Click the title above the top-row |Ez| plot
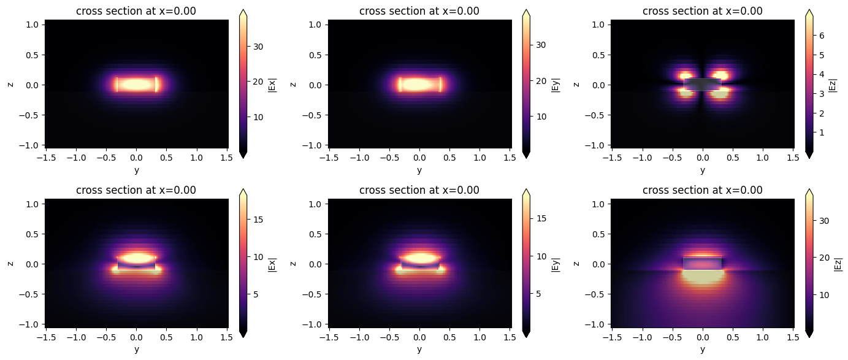pyautogui.click(x=703, y=11)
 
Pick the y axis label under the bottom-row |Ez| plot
pyautogui.click(x=703, y=350)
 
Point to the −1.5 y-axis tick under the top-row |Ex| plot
pyautogui.click(x=45, y=158)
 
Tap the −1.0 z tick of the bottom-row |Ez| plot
pyautogui.click(x=602, y=323)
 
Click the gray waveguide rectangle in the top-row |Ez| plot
pyautogui.click(x=702, y=84)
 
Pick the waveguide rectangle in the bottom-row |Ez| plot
pyautogui.click(x=703, y=263)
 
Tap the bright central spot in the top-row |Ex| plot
pyautogui.click(x=137, y=84)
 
